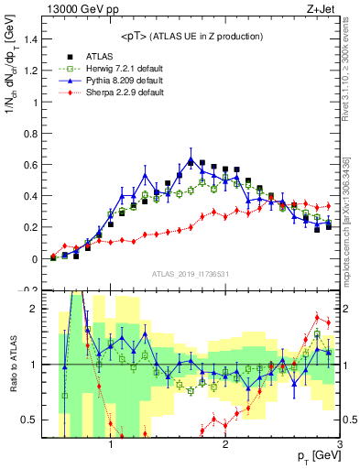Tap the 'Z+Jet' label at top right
(x=324, y=8)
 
